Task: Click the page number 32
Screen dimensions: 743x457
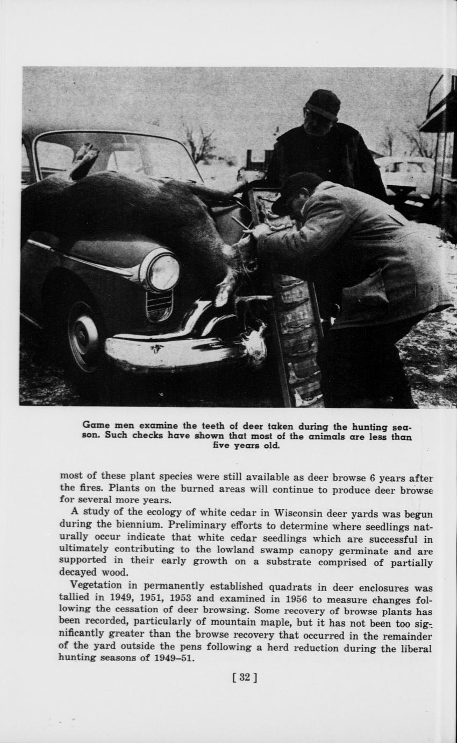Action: [244, 677]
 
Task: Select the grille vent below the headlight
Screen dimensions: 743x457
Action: [160, 305]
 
